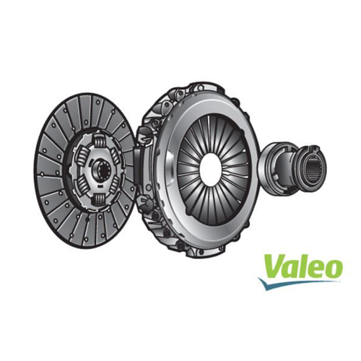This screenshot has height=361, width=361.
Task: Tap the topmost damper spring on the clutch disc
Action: click(100, 141)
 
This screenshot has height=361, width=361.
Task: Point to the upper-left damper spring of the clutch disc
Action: click(82, 157)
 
